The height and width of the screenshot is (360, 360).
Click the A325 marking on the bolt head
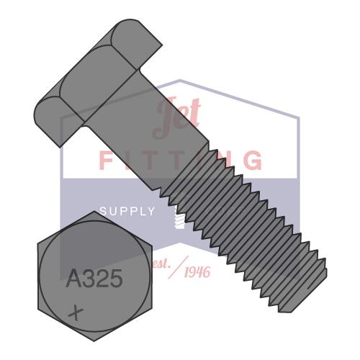pos(94,278)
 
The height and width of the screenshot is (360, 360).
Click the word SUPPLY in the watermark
pos(127,211)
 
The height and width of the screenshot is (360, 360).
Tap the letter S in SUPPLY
pos(103,211)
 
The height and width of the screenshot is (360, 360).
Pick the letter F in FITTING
pos(107,160)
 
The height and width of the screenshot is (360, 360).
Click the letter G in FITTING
pos(253,160)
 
